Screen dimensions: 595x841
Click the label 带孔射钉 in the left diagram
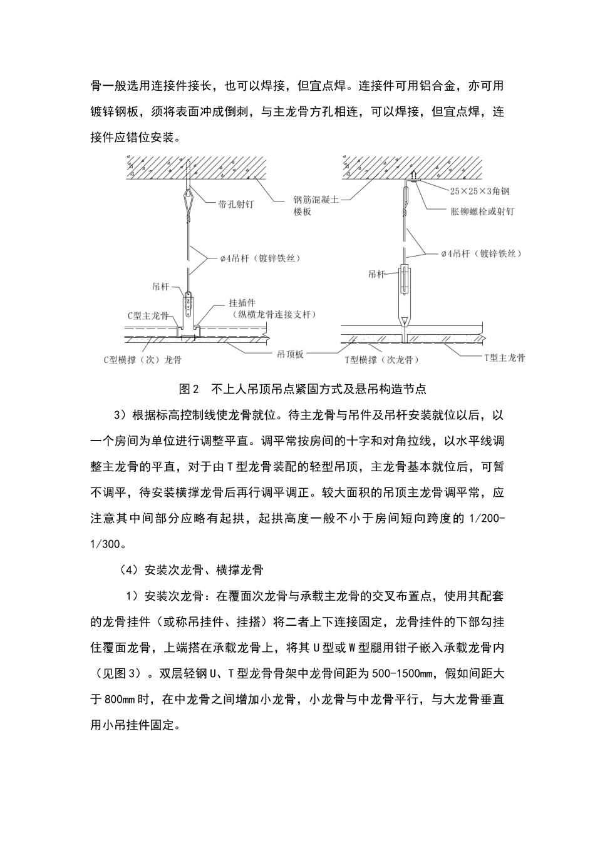(x=235, y=204)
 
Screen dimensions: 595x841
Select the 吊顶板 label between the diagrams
(x=290, y=354)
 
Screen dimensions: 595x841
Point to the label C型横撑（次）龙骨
(x=142, y=360)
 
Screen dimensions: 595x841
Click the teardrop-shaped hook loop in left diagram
(x=187, y=200)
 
